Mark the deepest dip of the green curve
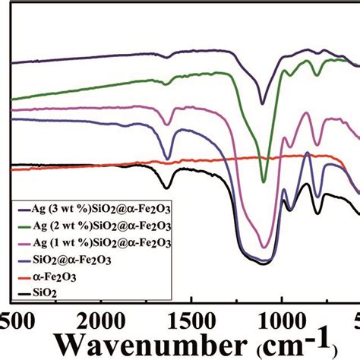click(264, 182)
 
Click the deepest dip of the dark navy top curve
click(263, 103)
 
